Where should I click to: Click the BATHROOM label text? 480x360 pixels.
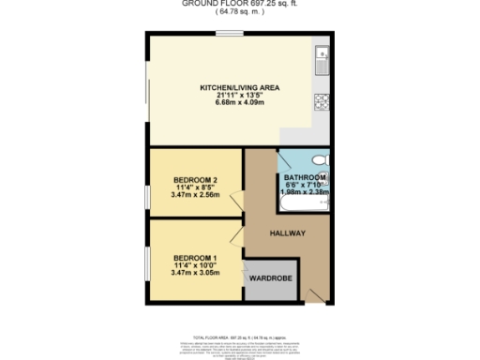[x=305, y=177]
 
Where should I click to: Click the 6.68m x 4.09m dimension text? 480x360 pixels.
[x=239, y=103]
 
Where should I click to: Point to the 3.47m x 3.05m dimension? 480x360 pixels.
[x=195, y=273]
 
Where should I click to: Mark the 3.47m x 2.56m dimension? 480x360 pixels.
[x=195, y=195]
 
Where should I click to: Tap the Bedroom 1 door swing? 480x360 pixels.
[x=235, y=234]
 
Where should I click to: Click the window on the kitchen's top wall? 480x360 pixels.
[x=230, y=34]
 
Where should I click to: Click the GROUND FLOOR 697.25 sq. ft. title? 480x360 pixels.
[x=239, y=4]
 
